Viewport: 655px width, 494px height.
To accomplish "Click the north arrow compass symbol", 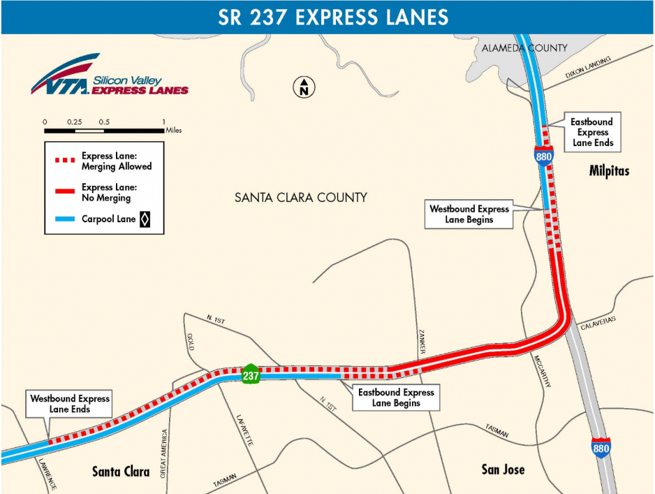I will (304, 87).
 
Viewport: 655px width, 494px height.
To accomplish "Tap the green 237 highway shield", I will (251, 375).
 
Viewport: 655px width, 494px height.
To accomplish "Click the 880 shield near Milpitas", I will (544, 156).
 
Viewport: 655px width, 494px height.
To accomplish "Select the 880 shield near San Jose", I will (600, 447).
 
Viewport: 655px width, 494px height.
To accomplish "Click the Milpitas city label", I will (608, 172).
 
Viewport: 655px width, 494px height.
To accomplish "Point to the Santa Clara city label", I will (121, 472).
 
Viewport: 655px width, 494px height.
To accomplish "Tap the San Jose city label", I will (503, 469).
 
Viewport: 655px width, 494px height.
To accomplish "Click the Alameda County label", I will (524, 48).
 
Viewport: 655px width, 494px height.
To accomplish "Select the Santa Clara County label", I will (300, 198).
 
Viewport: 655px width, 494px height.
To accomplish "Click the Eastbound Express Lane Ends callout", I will (592, 132).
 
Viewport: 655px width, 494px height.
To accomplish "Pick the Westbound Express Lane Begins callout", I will (469, 214).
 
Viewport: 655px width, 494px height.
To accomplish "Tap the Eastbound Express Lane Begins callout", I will (396, 398).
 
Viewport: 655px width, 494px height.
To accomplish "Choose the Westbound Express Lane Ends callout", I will (70, 404).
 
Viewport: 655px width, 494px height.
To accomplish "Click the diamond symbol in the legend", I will (145, 220).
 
